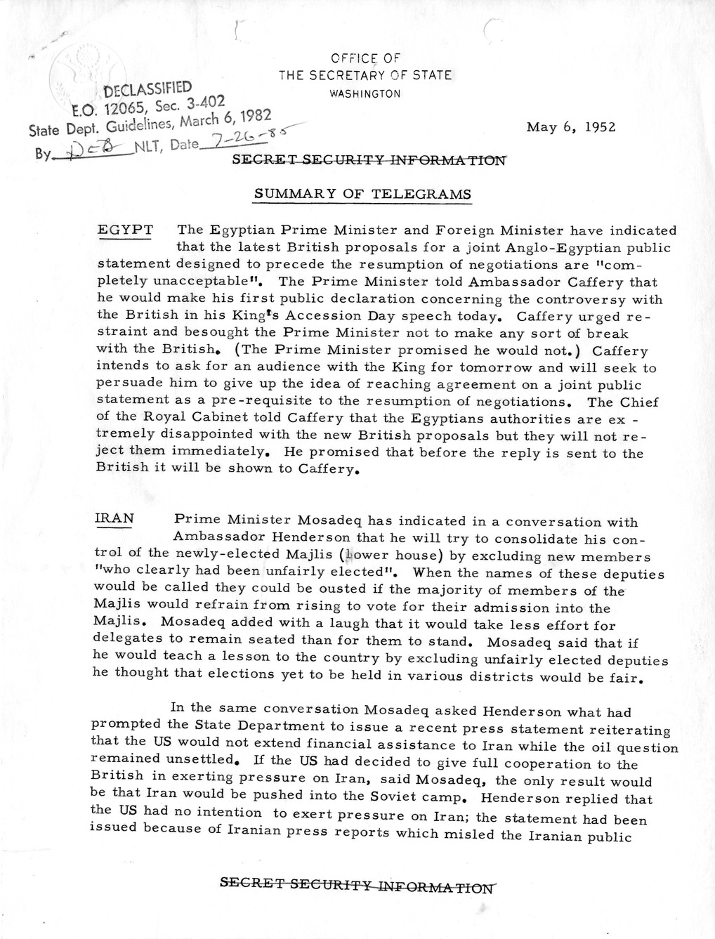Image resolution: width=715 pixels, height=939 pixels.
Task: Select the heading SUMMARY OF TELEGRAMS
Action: point(362,194)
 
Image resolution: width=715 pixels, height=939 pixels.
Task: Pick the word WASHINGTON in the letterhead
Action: point(365,93)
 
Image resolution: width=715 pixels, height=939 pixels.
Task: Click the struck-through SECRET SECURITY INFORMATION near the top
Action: point(369,159)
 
